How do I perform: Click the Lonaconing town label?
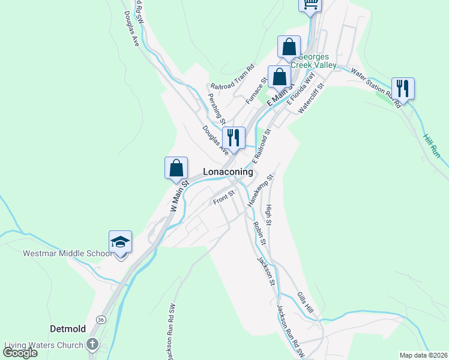[228, 172]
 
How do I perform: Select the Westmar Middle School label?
[67, 253]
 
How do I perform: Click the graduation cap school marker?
[120, 242]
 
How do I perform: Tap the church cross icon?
[92, 344]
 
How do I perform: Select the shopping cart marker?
[310, 4]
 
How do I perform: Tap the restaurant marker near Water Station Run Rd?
[403, 89]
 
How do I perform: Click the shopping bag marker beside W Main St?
[176, 168]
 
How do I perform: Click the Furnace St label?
[256, 92]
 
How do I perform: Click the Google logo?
[20, 353]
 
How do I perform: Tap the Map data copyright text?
[423, 355]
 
